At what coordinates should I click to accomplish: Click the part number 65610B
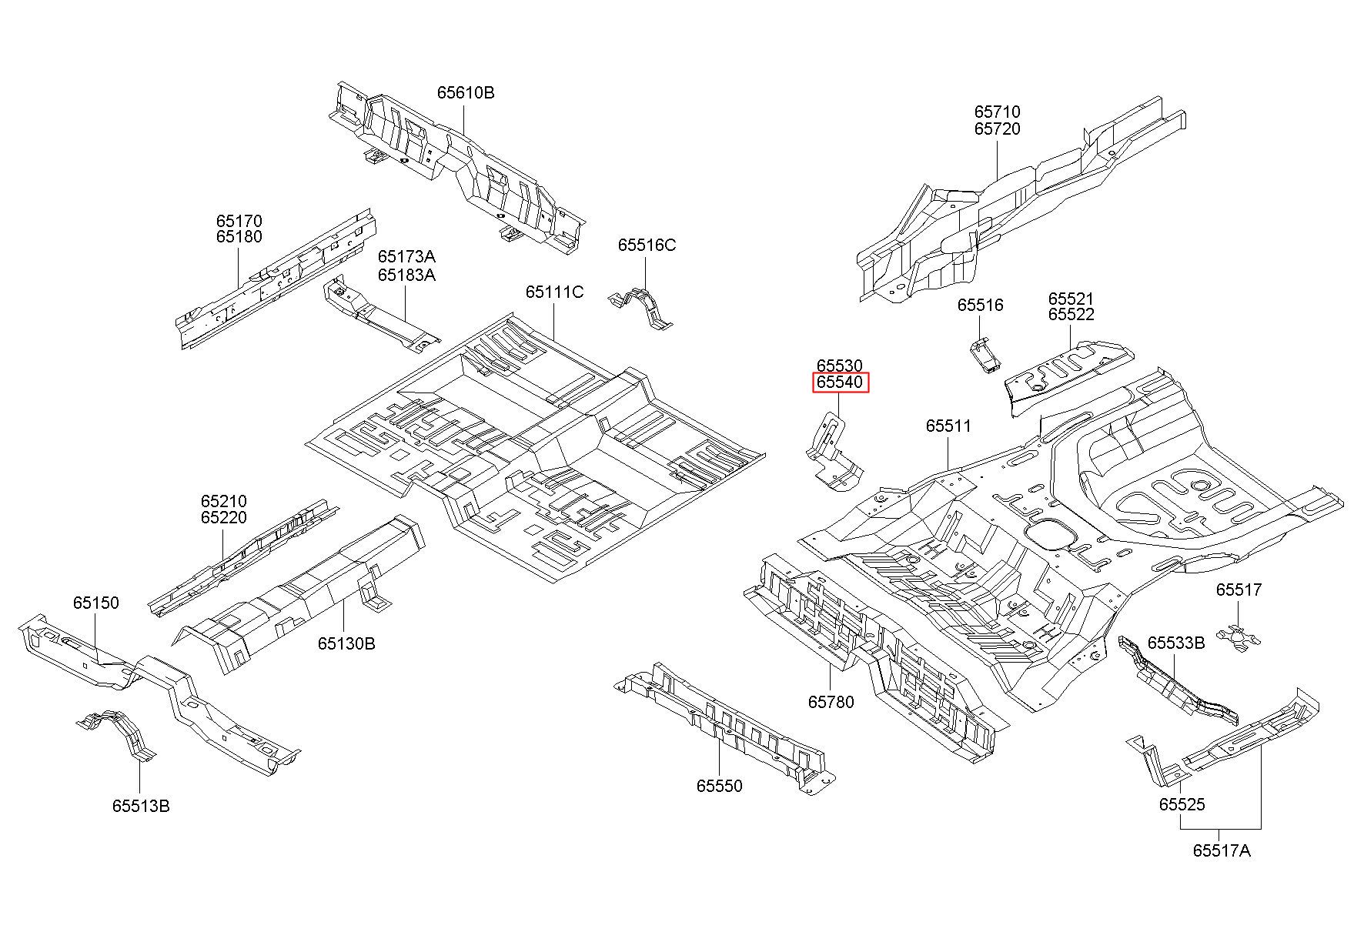point(466,92)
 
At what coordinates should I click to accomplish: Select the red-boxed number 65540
point(841,382)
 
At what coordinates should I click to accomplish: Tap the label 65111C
point(554,292)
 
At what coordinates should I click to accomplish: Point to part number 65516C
point(647,245)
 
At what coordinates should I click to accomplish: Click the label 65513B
point(141,806)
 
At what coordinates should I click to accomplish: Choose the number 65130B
point(346,643)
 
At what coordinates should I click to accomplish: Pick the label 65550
point(720,786)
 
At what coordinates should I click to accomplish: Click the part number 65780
point(831,702)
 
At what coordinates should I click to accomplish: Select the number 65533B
point(1176,643)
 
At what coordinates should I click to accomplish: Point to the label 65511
point(948,426)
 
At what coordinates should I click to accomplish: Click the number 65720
point(998,129)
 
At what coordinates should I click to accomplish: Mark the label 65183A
point(406,275)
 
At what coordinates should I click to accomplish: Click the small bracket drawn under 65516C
point(640,309)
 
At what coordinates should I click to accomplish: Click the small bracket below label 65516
point(985,353)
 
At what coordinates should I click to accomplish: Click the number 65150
point(96,603)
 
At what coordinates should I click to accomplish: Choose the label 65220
point(224,518)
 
